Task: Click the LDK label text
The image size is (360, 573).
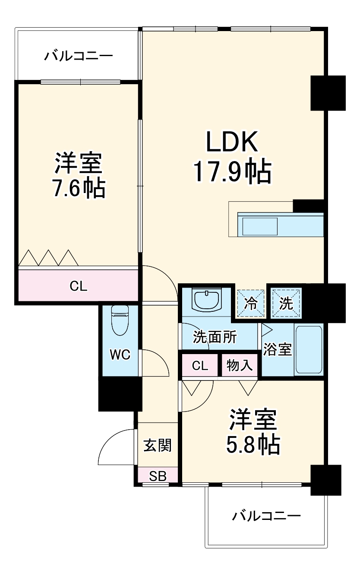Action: (x=232, y=142)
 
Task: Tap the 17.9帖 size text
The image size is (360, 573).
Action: (x=232, y=172)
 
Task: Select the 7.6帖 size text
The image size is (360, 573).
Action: (x=79, y=188)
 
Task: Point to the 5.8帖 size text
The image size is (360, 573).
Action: (x=253, y=444)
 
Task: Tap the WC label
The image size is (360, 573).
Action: (x=120, y=355)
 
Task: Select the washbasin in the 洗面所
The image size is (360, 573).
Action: (x=207, y=299)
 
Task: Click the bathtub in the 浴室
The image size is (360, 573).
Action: (x=308, y=350)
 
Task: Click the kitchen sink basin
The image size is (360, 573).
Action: (x=259, y=226)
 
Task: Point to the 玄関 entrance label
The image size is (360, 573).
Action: (x=158, y=445)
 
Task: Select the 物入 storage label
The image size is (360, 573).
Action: (x=240, y=366)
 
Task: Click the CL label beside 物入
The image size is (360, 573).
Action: (x=200, y=366)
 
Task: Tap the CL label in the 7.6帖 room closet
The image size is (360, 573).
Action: (x=79, y=286)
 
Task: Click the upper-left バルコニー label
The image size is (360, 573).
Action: (x=79, y=56)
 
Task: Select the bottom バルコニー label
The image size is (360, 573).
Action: (x=266, y=516)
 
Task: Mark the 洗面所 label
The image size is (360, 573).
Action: (x=215, y=337)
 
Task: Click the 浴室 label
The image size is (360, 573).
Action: (x=278, y=349)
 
